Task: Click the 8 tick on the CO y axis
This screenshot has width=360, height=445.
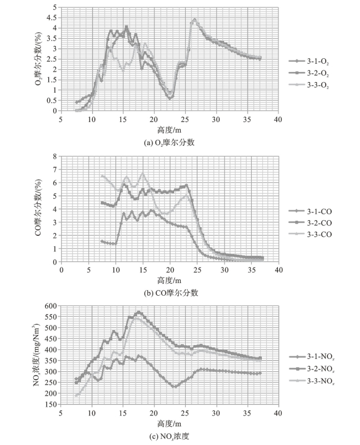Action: click(54, 156)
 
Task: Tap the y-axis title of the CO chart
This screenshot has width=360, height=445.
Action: click(38, 209)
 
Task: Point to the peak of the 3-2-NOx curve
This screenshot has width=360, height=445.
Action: click(139, 312)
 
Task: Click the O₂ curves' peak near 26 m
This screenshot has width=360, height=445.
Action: click(194, 19)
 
